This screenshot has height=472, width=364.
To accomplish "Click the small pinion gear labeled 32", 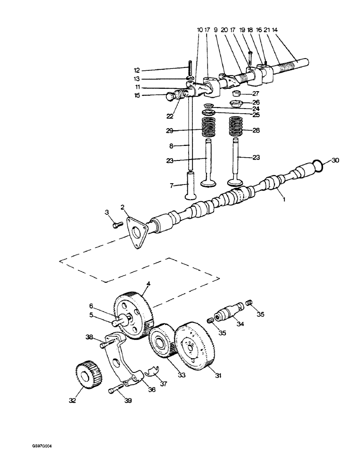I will coord(85,375).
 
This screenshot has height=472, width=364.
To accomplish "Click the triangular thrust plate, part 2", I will coord(137,234).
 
